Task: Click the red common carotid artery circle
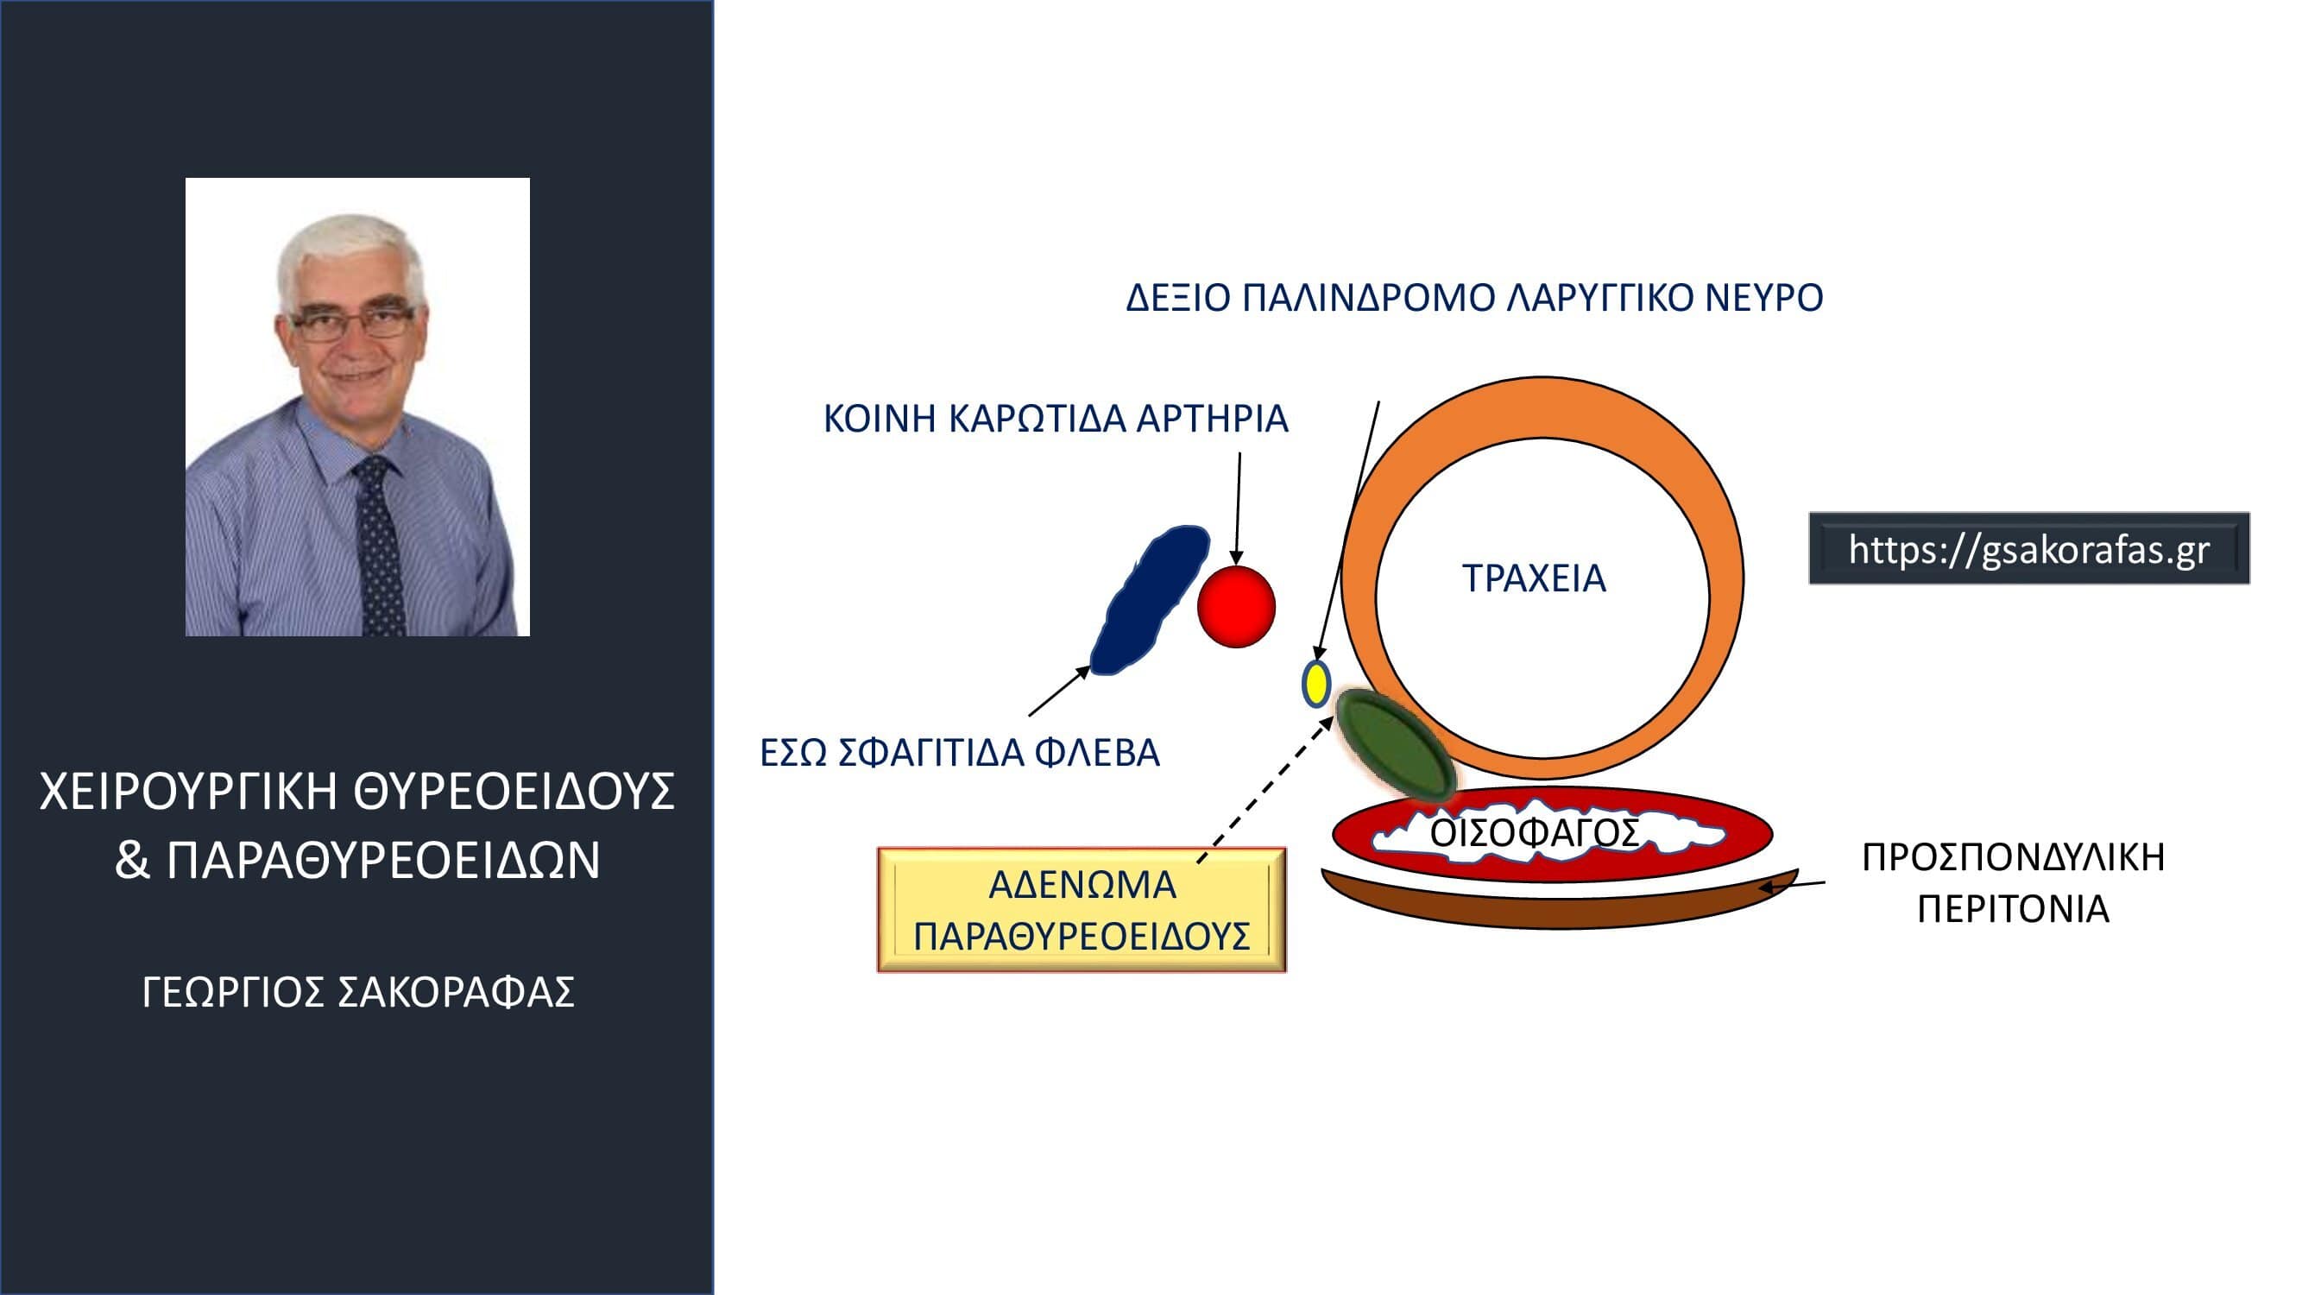1236,606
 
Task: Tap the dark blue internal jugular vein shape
1149,600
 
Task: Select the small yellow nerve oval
1315,684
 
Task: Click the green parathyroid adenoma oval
1394,745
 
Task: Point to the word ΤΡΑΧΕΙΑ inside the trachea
1535,579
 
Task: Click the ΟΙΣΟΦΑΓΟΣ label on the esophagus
1535,833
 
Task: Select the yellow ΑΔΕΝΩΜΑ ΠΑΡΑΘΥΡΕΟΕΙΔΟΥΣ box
1082,910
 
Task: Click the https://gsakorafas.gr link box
2029,549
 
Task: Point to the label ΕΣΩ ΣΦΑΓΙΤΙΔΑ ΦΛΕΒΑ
960,754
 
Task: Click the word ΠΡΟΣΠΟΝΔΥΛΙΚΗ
2014,858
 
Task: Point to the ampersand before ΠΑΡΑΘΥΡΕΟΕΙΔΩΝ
132,860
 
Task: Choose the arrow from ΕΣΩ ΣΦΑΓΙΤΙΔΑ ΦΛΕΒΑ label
1059,692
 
